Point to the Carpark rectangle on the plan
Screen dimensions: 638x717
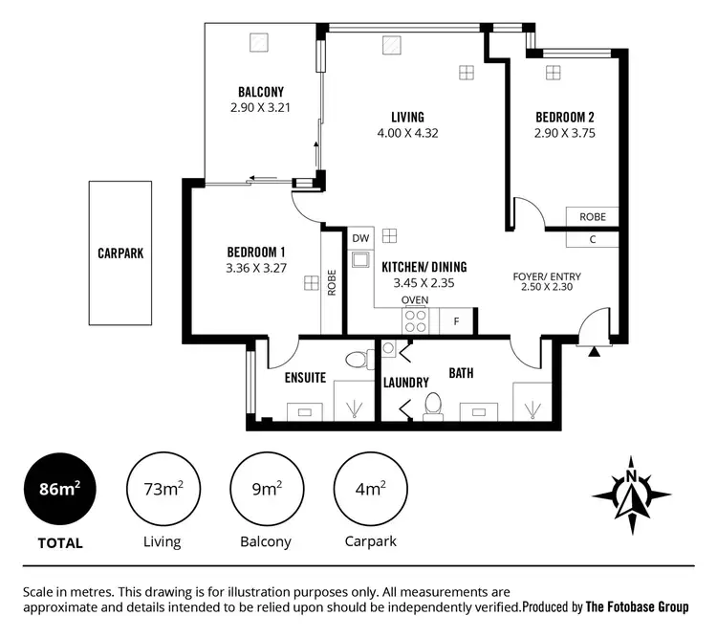(120, 254)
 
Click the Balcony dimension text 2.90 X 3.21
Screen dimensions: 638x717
(260, 108)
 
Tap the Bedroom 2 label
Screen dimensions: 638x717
(564, 118)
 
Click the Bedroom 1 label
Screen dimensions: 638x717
(256, 252)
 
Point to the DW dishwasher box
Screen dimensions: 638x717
(360, 237)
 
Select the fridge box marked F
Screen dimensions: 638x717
(456, 321)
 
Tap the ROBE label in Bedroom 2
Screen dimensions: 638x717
(592, 217)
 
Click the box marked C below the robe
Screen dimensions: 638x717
(592, 239)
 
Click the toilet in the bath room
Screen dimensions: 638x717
(432, 406)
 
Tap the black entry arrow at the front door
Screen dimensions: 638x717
(595, 351)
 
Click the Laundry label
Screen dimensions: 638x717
(405, 383)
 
